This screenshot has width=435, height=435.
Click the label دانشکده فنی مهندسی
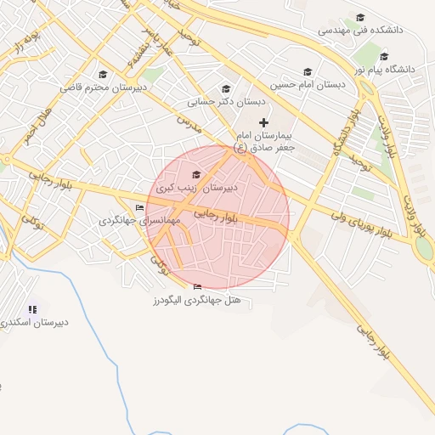pyautogui.click(x=360, y=30)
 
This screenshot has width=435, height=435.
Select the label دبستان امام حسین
pyautogui.click(x=308, y=85)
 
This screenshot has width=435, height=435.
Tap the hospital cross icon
pyautogui.click(x=263, y=122)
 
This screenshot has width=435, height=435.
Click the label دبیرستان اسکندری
pyautogui.click(x=33, y=324)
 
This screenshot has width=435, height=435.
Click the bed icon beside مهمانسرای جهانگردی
pyautogui.click(x=140, y=207)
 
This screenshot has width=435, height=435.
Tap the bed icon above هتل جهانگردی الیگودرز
pyautogui.click(x=198, y=286)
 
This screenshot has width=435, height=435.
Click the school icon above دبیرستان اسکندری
pyautogui.click(x=33, y=309)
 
